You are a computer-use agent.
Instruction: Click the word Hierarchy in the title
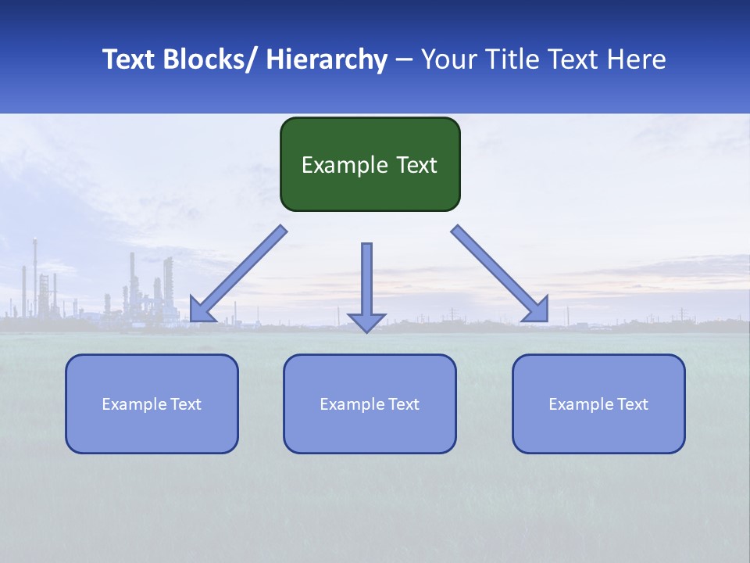point(327,59)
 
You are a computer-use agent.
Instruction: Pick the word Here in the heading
point(637,59)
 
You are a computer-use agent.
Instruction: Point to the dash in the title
point(404,59)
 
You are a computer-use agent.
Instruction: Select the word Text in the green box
point(416,165)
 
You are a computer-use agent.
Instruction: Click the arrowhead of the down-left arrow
point(201,310)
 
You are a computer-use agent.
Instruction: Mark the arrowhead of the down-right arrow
point(537,310)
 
